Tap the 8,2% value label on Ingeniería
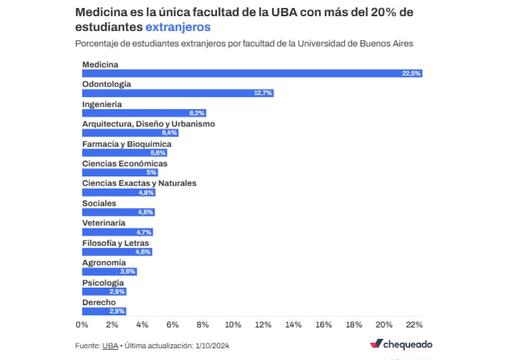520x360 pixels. (197, 113)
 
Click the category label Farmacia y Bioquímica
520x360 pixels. (126, 144)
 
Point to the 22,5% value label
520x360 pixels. (411, 73)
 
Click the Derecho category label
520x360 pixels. (99, 303)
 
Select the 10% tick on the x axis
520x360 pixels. (233, 325)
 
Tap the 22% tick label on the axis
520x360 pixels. (414, 325)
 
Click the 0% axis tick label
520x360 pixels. (82, 325)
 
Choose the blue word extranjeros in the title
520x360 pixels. (178, 27)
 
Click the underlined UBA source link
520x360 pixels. (110, 345)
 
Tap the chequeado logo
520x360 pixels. (401, 344)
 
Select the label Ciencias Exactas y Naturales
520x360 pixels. (139, 183)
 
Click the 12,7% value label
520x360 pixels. (263, 93)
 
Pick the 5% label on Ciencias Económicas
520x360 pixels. (152, 172)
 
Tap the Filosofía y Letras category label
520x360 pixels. (115, 243)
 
